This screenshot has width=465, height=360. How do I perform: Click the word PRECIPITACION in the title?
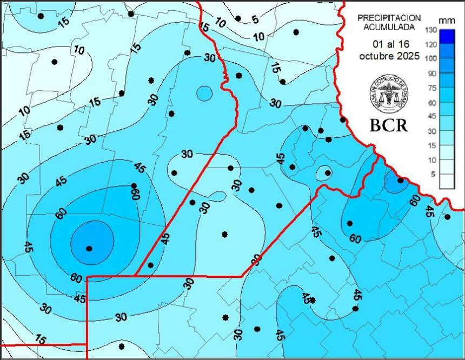tap(389, 17)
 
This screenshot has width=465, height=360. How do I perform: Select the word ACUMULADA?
tap(389, 26)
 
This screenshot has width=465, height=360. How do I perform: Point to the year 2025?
tap(408, 56)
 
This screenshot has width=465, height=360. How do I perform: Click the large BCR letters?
tap(389, 125)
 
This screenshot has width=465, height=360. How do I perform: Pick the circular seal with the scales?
tap(389, 92)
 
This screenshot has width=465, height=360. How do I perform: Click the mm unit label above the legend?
tap(446, 20)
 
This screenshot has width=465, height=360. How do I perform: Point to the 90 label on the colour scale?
tap(431, 73)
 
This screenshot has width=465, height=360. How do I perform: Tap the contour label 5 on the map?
tap(255, 19)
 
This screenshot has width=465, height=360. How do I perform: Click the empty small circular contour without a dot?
tap(204, 94)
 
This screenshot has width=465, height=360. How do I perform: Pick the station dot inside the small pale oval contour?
tap(328, 173)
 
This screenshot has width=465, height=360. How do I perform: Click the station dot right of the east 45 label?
tap(448, 217)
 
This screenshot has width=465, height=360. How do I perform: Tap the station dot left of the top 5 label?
tap(238, 18)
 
